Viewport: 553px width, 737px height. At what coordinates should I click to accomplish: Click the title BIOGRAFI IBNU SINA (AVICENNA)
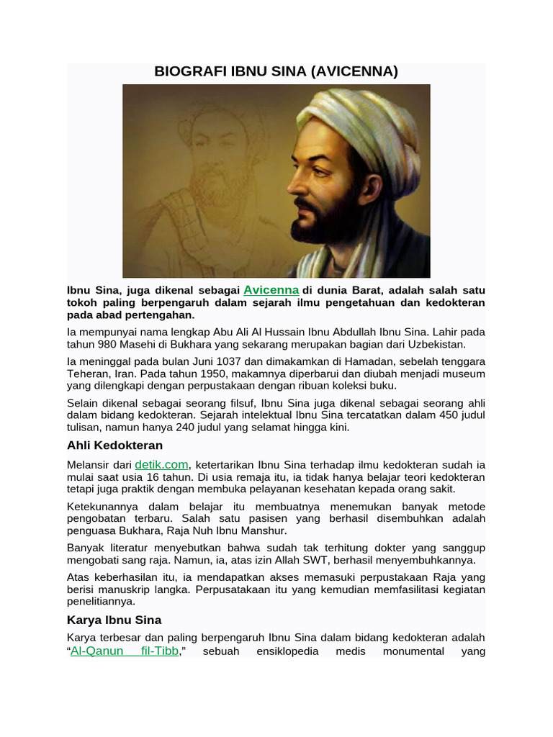tap(276, 72)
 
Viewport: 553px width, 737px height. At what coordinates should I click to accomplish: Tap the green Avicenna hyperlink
tap(271, 290)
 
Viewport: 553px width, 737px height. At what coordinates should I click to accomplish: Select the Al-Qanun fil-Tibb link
tap(124, 651)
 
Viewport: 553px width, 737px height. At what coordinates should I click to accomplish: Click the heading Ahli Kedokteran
tap(114, 446)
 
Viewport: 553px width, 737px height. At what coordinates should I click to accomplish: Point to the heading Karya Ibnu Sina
tap(114, 620)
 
